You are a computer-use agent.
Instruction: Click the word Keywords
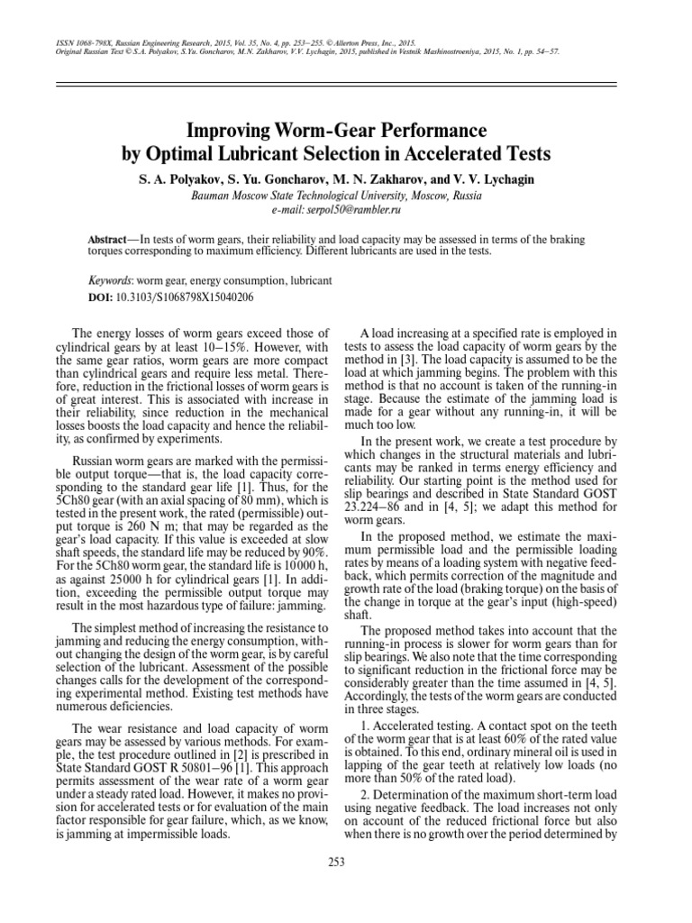click(110, 281)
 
